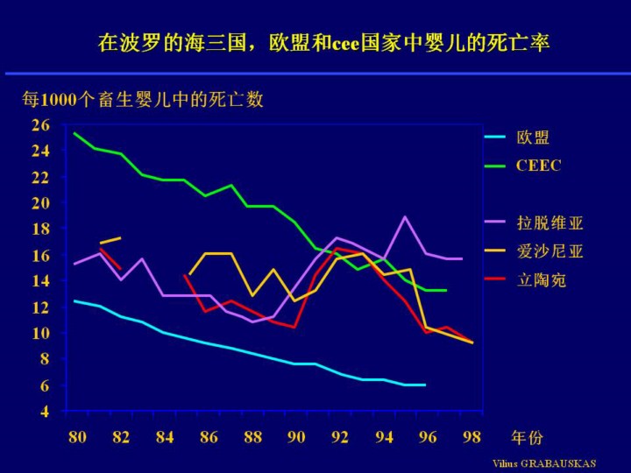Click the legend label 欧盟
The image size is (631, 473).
coord(533,138)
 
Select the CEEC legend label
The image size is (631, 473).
coord(538,165)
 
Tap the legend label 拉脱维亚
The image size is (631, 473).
coord(549,222)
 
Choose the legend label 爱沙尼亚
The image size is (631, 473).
coord(549,252)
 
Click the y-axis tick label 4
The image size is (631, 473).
coord(45,411)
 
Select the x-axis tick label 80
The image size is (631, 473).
coord(77,437)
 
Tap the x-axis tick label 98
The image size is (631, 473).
coord(472,437)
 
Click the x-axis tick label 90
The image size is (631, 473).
coord(296,437)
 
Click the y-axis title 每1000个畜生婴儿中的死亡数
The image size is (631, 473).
coord(143,100)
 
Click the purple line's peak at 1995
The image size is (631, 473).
coord(405,216)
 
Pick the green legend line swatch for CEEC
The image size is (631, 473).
coord(495,165)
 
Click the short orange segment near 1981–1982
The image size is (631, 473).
coord(110,241)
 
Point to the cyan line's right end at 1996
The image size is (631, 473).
coord(425,385)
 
